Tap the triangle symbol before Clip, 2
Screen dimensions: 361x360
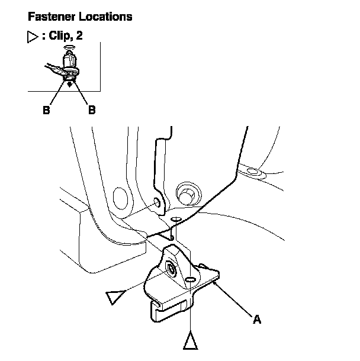pos(33,37)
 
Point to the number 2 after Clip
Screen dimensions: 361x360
pos(79,36)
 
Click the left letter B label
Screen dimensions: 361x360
pos(46,110)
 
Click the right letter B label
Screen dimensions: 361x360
pos(92,110)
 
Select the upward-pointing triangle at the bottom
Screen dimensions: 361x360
pos(191,341)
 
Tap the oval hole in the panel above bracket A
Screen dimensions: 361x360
pos(176,220)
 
